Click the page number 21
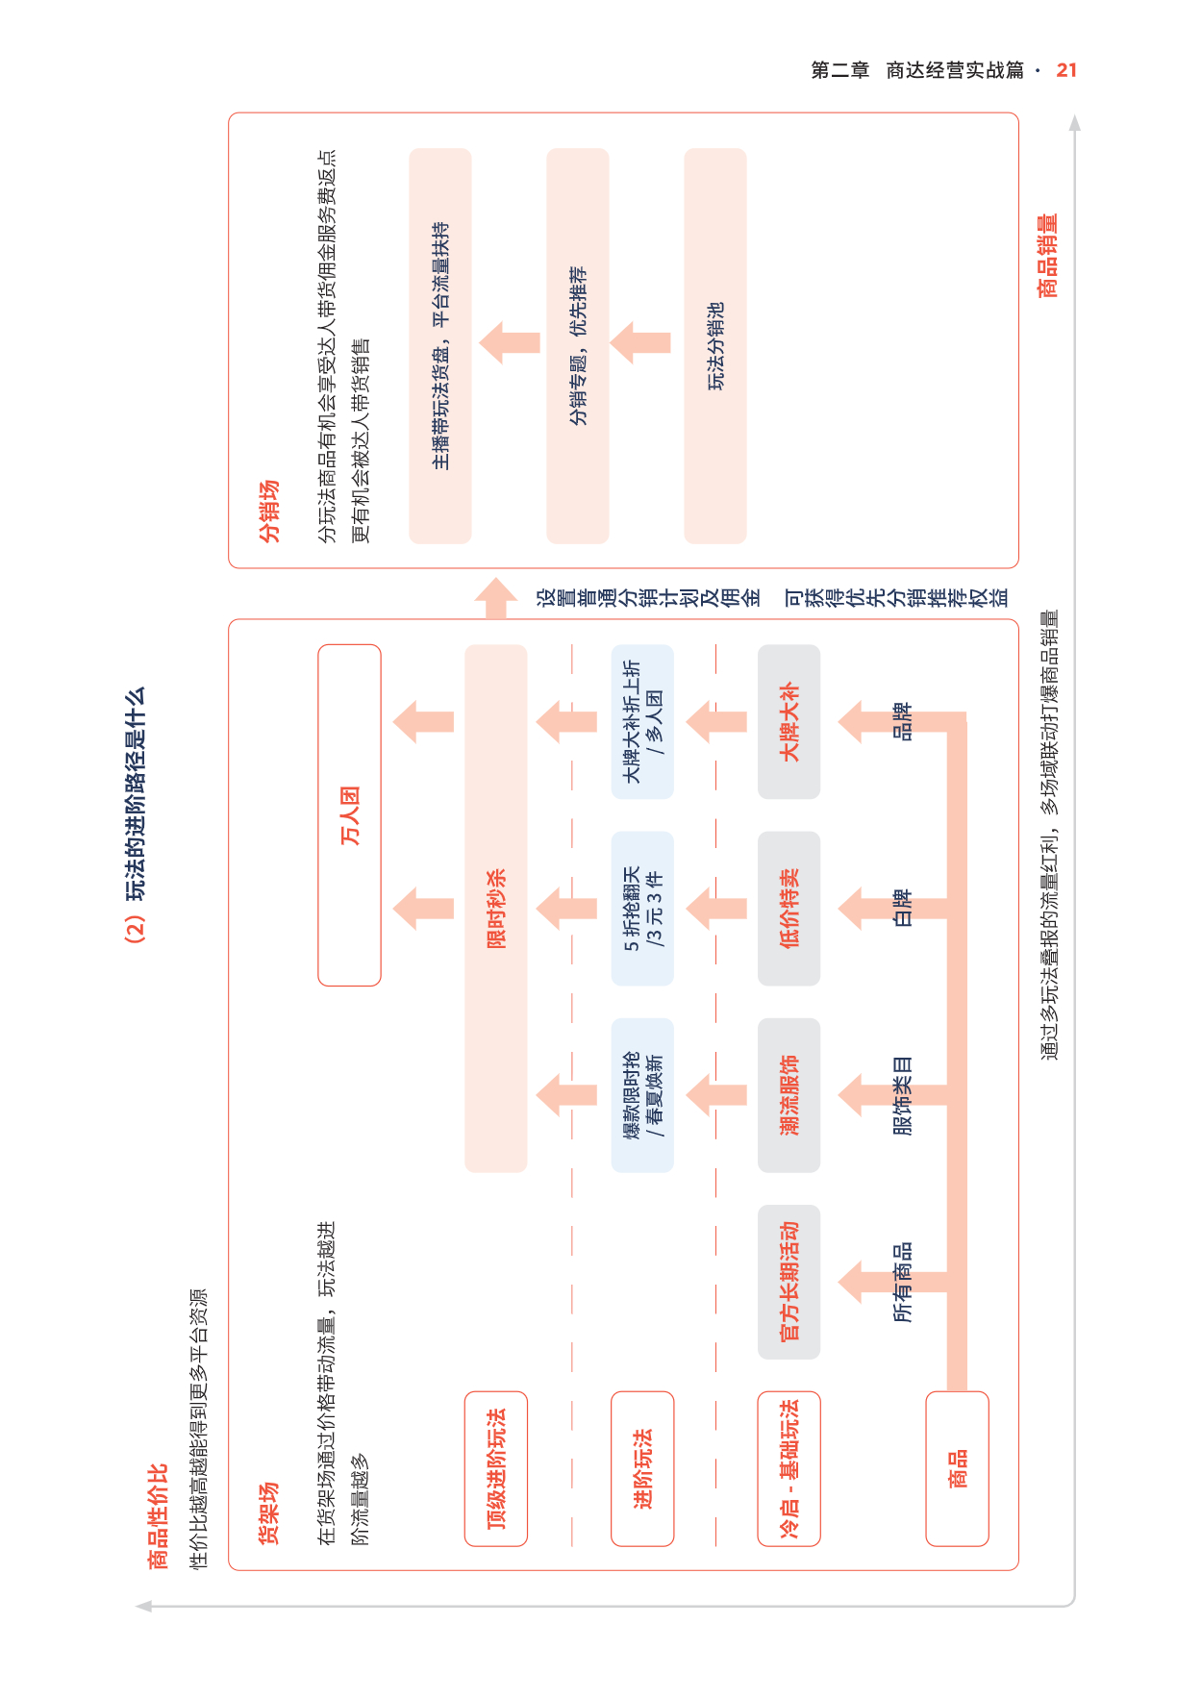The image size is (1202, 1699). click(1066, 70)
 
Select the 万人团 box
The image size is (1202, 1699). click(349, 815)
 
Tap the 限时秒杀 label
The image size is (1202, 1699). click(496, 909)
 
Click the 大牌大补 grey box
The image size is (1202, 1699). click(789, 721)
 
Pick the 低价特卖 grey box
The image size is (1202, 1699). click(789, 909)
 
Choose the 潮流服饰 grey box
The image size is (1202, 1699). click(789, 1095)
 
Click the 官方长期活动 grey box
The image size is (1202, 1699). click(789, 1282)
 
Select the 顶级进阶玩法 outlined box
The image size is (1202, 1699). click(496, 1468)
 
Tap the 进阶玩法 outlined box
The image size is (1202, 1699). click(642, 1468)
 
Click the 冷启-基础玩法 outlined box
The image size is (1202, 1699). click(789, 1468)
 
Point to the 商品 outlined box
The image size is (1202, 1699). click(958, 1468)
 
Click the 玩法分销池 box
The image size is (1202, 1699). click(715, 346)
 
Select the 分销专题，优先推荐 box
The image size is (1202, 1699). click(578, 346)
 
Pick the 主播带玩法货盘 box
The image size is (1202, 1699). click(440, 346)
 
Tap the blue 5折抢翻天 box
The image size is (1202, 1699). click(642, 909)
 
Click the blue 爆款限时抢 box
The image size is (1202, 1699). click(642, 1095)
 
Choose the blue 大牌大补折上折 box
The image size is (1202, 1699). click(642, 721)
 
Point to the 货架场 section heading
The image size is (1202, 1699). click(269, 1513)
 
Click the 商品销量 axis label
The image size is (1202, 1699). click(1047, 256)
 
